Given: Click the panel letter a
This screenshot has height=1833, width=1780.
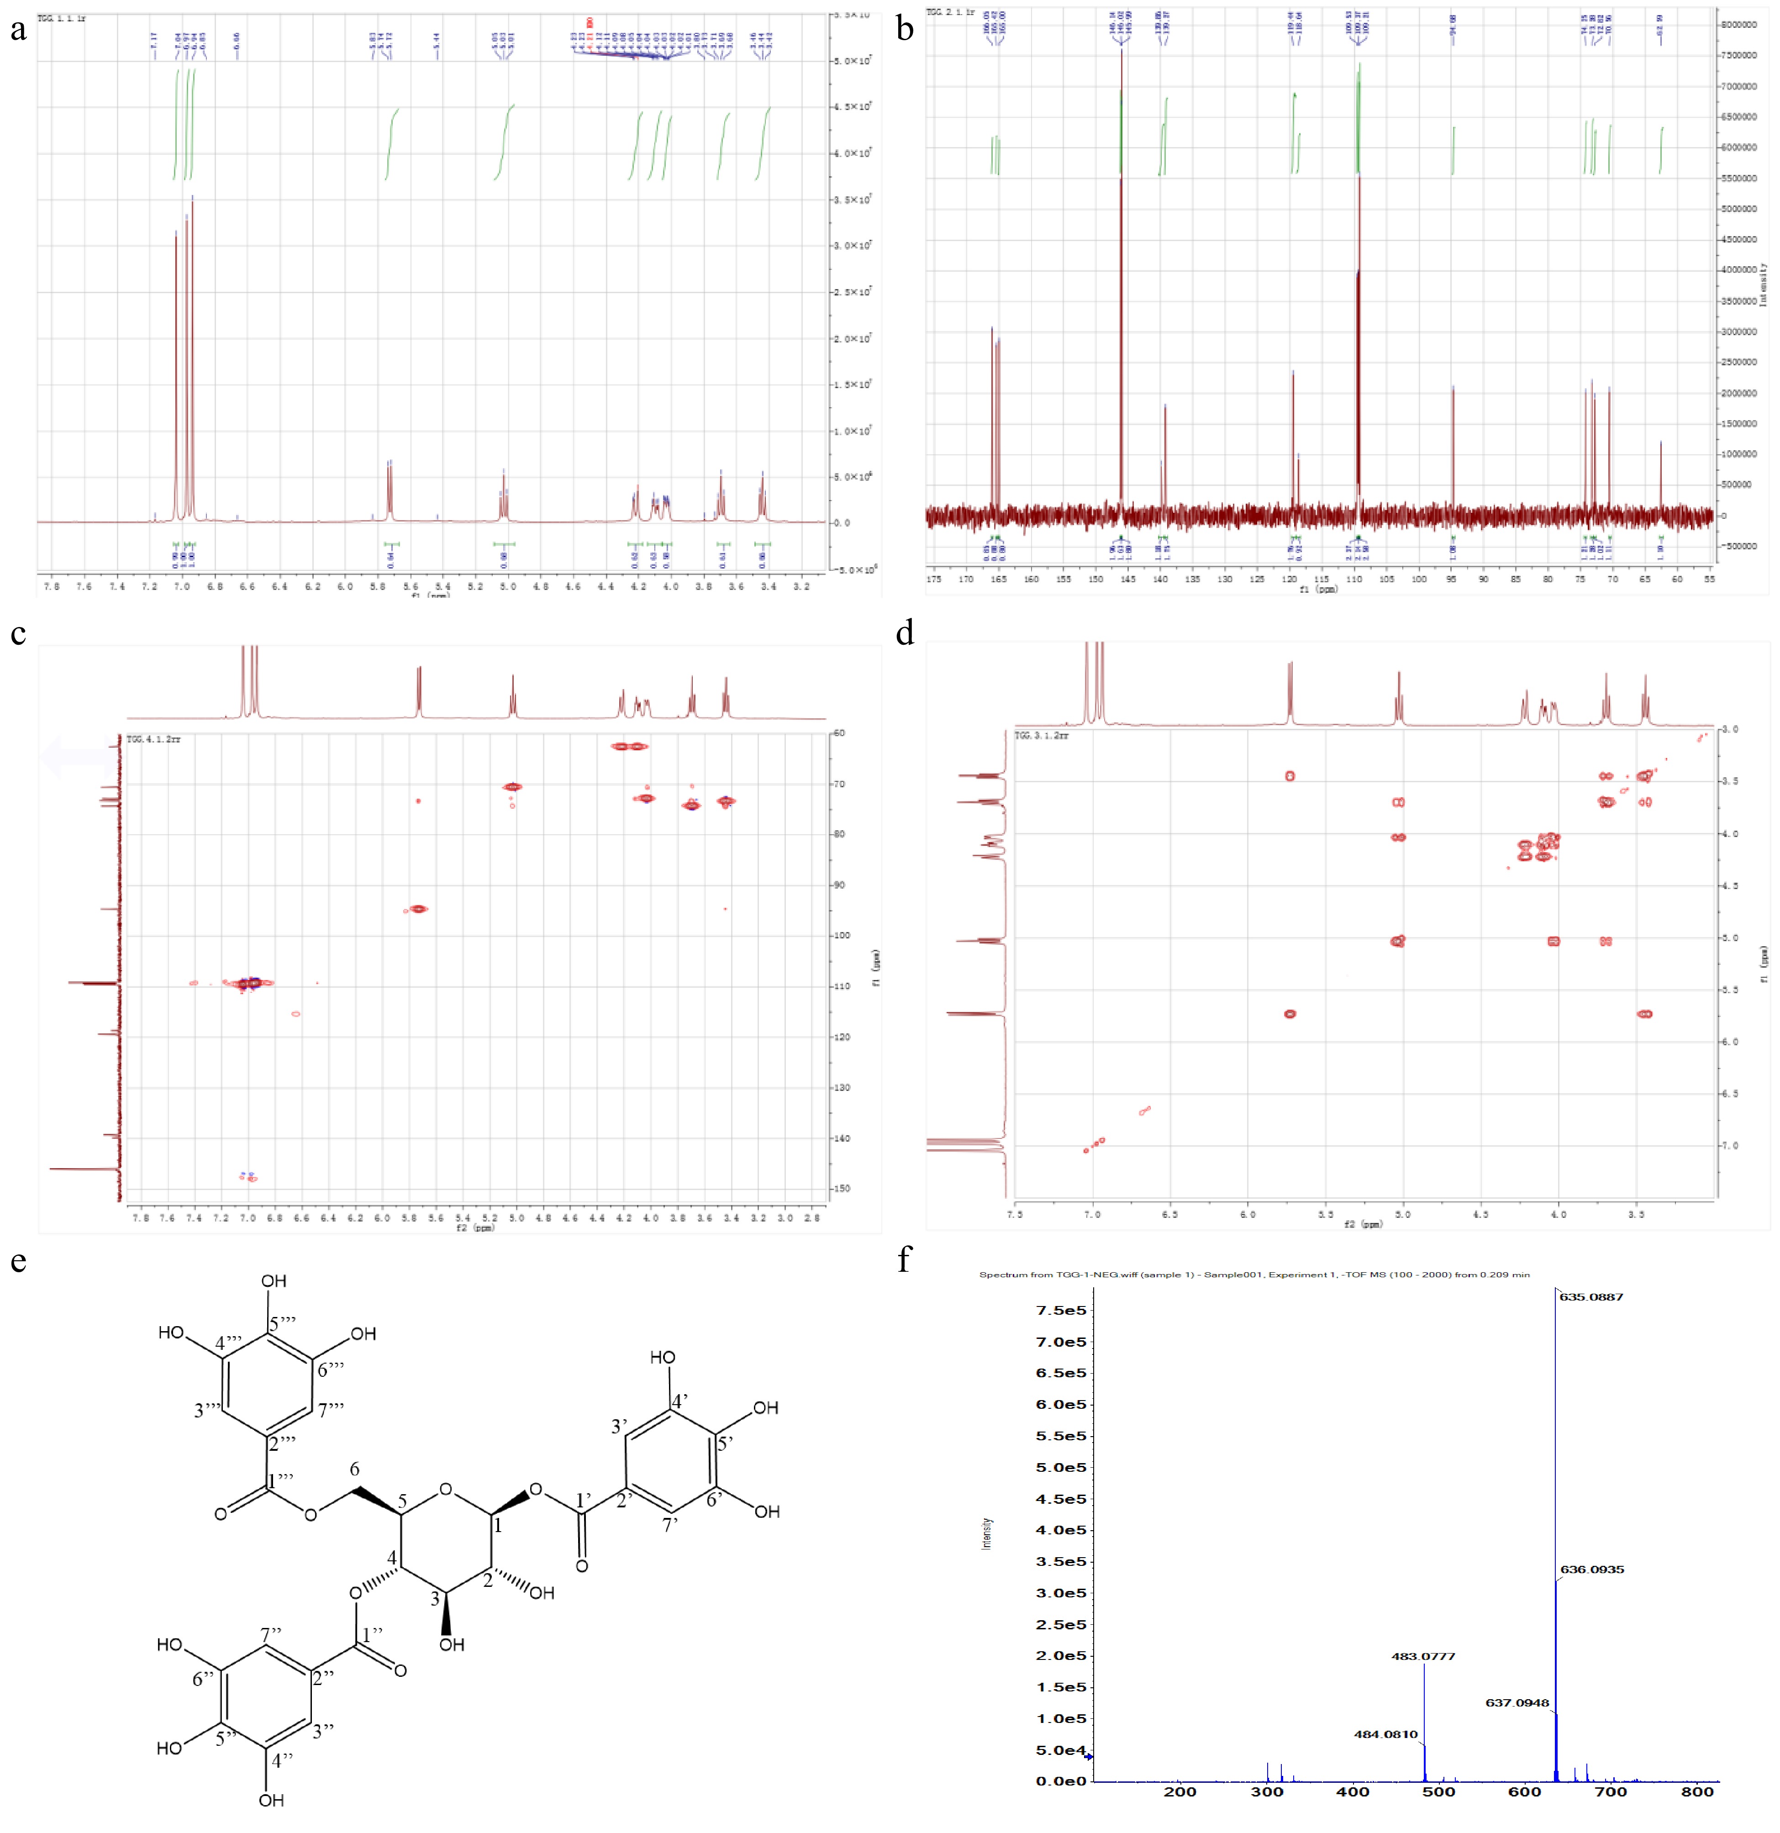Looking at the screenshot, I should [x=18, y=31].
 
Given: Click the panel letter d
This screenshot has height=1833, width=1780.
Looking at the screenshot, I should [x=905, y=634].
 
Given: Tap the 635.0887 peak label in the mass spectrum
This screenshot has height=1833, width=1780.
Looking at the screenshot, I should [x=1591, y=1297].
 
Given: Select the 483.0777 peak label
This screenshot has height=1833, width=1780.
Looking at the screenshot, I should [x=1423, y=1656].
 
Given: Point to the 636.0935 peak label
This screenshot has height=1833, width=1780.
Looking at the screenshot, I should [x=1592, y=1569].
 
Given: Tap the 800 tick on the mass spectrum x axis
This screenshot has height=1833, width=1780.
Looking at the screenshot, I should [x=1697, y=1792].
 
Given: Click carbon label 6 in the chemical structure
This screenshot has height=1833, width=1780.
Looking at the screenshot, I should [x=354, y=1469].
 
